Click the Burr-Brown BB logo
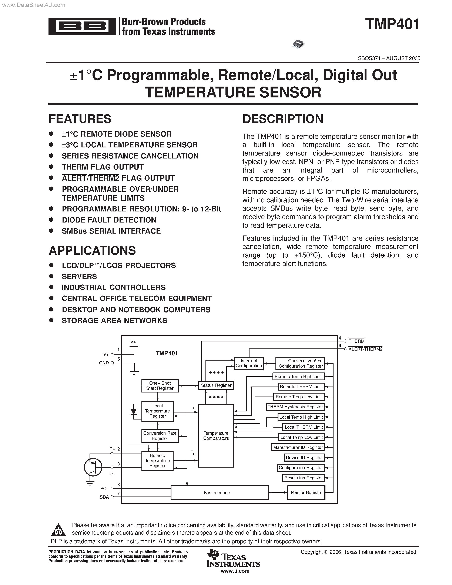click(82, 26)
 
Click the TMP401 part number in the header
click(392, 24)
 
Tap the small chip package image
click(298, 44)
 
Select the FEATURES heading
click(80, 119)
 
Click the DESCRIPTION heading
click(283, 119)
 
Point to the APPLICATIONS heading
click(92, 250)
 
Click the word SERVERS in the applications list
click(79, 276)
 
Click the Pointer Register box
click(306, 492)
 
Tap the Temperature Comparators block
click(216, 436)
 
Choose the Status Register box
click(216, 385)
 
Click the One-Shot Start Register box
click(160, 386)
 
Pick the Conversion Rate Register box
click(160, 435)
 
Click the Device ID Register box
click(304, 458)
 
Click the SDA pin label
click(104, 497)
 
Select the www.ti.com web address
click(235, 571)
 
